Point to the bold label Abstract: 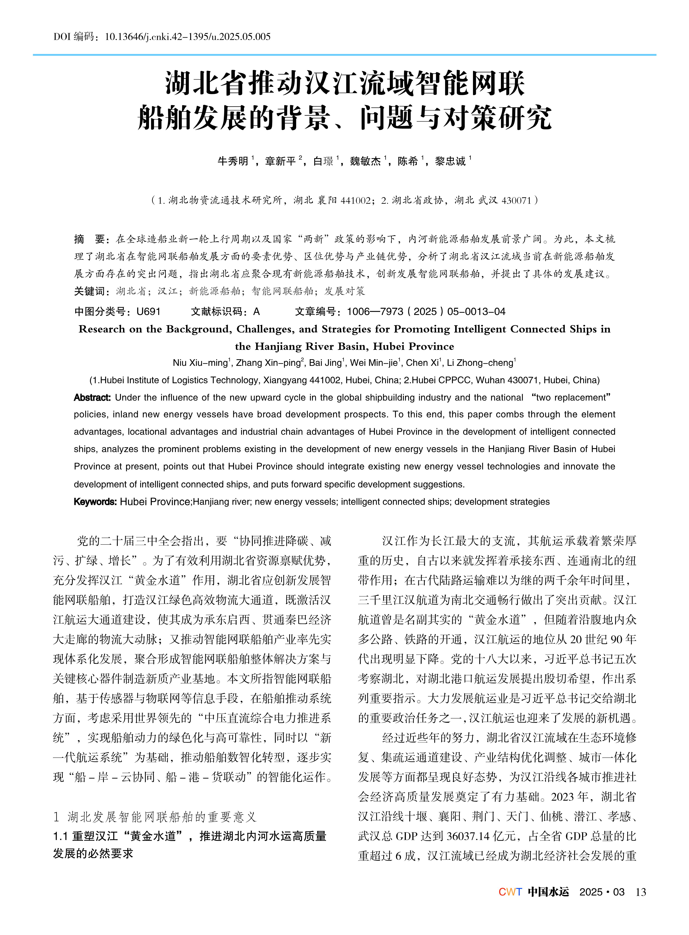[92, 397]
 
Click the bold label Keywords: [95, 502]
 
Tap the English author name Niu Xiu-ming [200, 363]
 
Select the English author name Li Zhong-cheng [480, 363]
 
